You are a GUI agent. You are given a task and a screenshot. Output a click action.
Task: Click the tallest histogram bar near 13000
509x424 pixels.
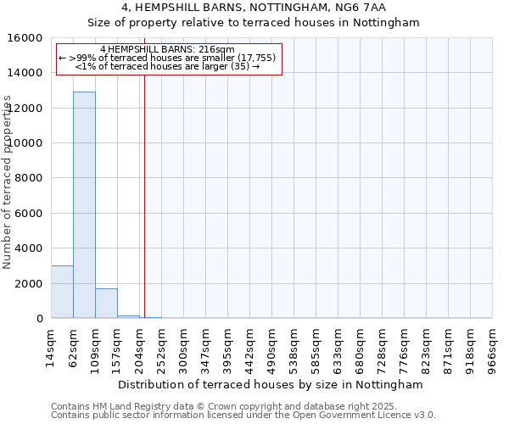point(84,204)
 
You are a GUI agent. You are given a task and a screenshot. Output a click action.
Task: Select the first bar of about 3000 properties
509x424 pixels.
point(62,292)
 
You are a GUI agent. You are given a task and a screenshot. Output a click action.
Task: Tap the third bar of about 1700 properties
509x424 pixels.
point(106,303)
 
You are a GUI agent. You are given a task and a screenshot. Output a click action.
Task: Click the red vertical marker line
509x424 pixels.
point(144,195)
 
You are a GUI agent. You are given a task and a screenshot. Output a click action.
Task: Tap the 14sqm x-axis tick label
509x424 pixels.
point(52,347)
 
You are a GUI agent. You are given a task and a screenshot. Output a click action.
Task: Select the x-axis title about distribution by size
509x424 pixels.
point(271,384)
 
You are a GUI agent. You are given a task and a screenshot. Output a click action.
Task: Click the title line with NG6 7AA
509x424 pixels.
point(254,8)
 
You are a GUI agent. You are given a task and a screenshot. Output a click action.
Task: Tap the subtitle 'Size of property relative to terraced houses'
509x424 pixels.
point(254,23)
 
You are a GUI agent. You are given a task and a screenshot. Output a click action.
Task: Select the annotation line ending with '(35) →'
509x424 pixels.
point(167,66)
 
